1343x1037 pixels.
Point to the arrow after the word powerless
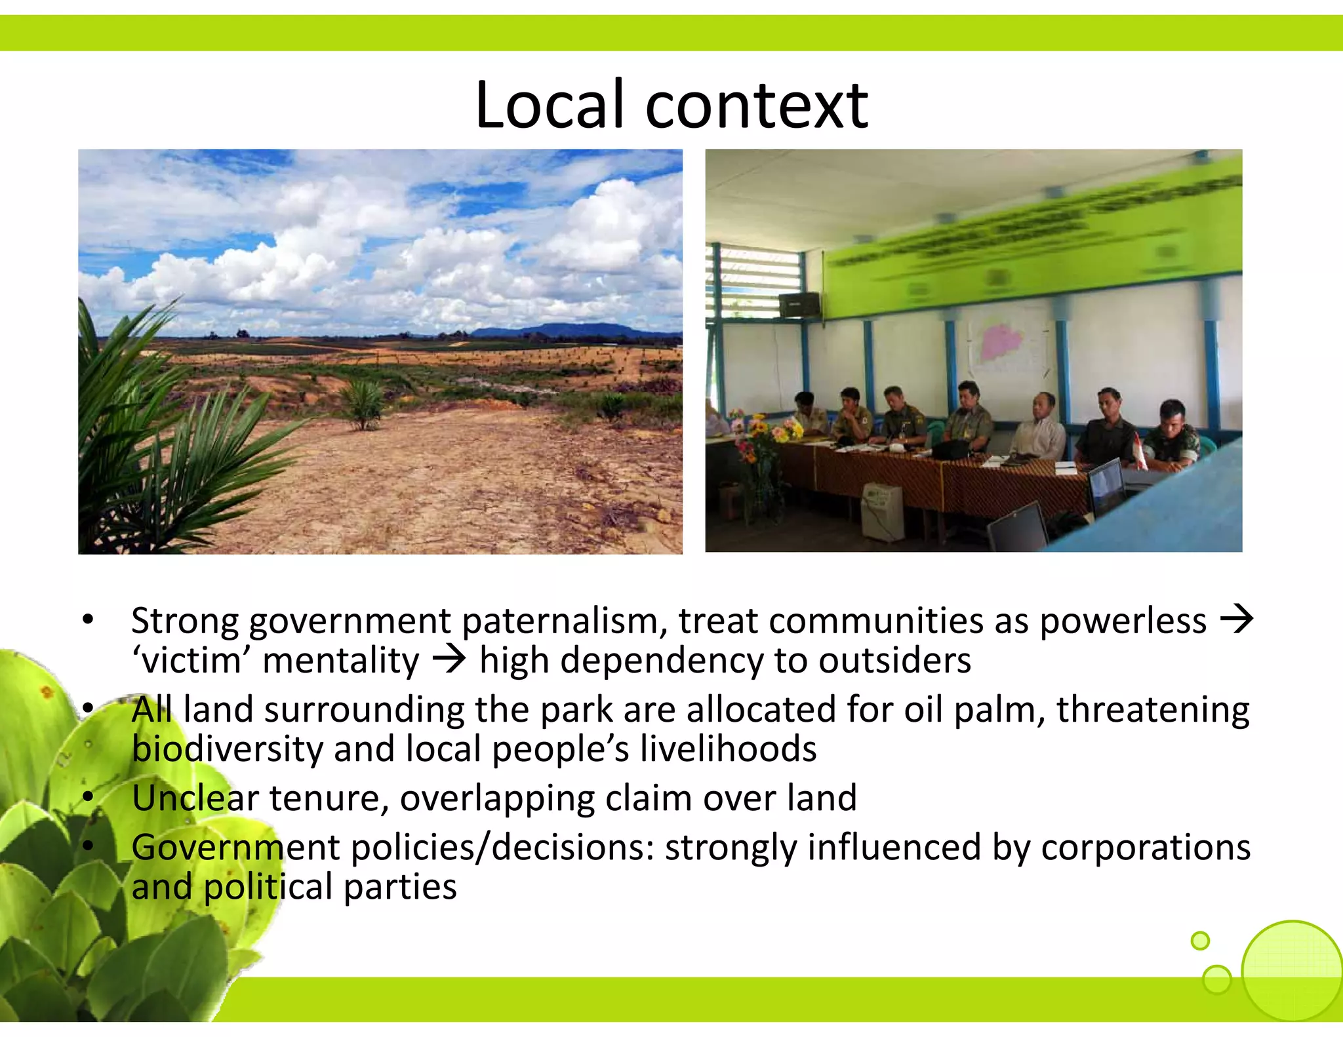(x=1235, y=619)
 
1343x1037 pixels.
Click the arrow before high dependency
(x=449, y=660)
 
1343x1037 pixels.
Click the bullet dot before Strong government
(x=89, y=620)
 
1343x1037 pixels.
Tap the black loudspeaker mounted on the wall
(x=799, y=305)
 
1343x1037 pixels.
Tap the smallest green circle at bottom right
(x=1200, y=941)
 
